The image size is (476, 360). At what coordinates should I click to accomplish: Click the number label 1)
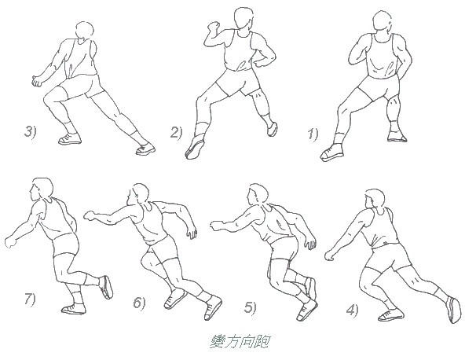(x=313, y=134)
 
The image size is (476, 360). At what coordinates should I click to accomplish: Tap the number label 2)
(x=177, y=131)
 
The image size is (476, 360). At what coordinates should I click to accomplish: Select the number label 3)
(x=31, y=131)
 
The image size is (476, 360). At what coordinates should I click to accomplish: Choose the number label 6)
(x=139, y=303)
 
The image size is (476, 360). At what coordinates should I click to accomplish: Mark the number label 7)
(x=29, y=299)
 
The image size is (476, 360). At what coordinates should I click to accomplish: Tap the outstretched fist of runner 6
(x=90, y=213)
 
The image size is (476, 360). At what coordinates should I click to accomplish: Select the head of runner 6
(x=141, y=193)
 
